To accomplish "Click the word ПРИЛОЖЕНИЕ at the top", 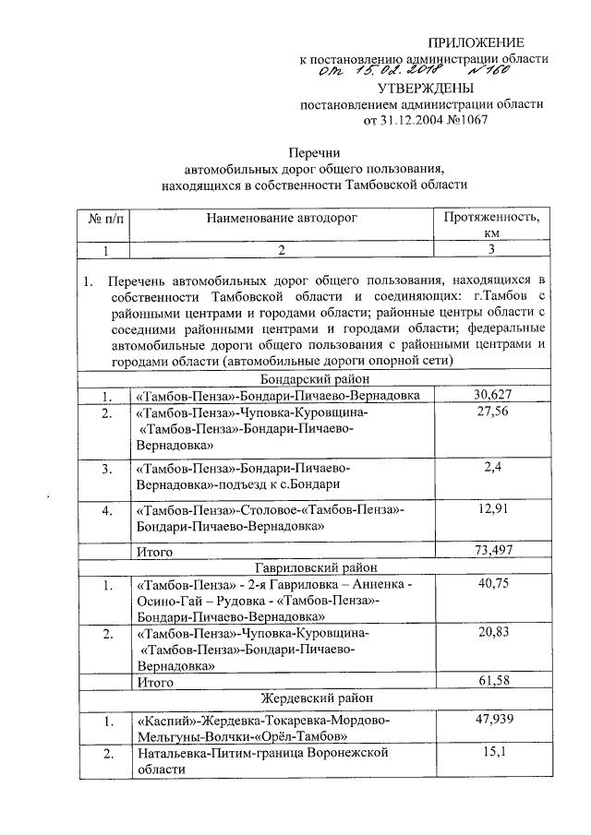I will tap(477, 42).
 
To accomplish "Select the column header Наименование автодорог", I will tap(281, 218).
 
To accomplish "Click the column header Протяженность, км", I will tap(491, 225).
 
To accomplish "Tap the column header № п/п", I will tap(108, 219).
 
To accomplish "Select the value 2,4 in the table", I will tap(491, 468).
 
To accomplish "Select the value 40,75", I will tap(491, 585).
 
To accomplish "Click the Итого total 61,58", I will tap(491, 682).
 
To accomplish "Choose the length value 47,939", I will tap(491, 719).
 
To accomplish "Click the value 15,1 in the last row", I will tap(491, 754).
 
